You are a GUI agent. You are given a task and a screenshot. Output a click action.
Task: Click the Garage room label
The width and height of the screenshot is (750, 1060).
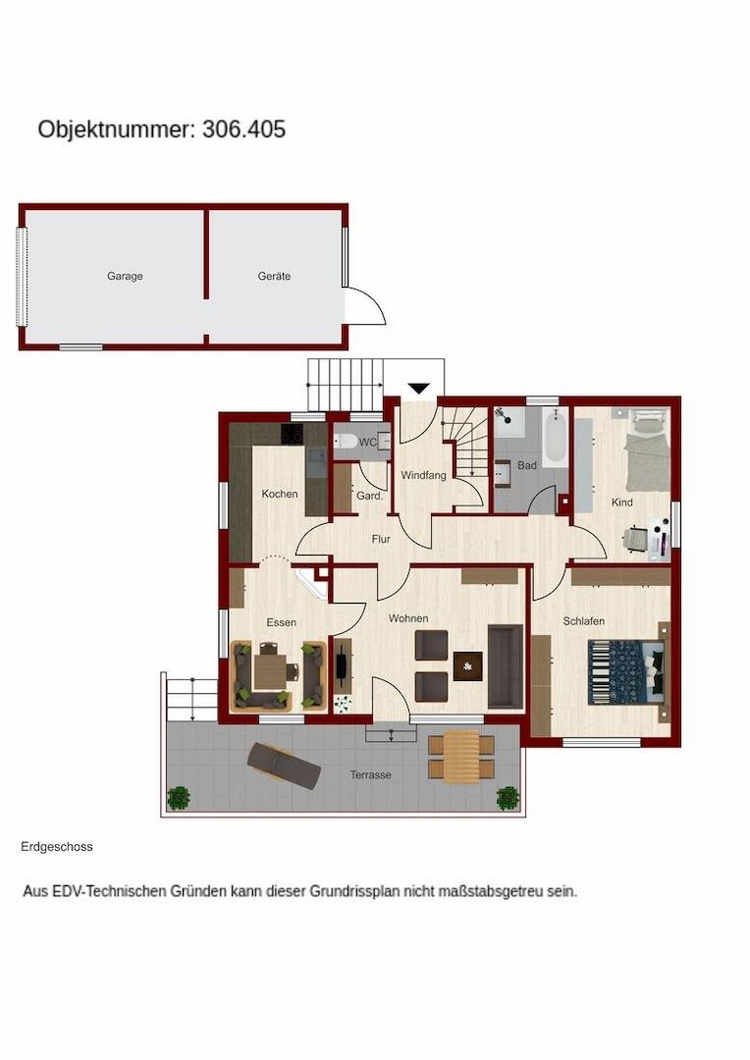(125, 276)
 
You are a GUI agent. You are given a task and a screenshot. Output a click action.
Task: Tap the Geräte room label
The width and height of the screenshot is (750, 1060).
(274, 276)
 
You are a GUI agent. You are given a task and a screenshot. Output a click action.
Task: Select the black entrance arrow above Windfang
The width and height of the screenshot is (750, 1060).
(419, 388)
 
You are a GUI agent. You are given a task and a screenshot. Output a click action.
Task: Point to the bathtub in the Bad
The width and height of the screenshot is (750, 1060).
(556, 438)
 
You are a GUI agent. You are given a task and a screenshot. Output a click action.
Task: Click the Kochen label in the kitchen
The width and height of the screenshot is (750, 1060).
(280, 494)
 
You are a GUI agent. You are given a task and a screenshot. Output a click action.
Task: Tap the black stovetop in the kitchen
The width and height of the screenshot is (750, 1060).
(293, 434)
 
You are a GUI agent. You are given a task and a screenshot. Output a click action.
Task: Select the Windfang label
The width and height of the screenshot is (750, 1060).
(423, 475)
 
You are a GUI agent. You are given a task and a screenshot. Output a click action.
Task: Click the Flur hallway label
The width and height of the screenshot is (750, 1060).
(381, 539)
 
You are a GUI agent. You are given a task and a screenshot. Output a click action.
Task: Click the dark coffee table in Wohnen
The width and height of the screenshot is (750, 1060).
(468, 665)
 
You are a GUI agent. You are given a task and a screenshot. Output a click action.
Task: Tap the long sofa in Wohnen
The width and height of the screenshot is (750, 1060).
(506, 666)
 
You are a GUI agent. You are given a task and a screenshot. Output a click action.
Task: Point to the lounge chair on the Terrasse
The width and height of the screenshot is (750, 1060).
(284, 766)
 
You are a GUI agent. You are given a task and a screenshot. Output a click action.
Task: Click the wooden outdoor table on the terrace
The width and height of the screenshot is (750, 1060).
(462, 757)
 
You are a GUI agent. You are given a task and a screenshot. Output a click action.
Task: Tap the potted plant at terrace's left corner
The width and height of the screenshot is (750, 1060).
(179, 798)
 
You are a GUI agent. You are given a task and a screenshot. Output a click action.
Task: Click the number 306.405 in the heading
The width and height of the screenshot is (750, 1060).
(244, 130)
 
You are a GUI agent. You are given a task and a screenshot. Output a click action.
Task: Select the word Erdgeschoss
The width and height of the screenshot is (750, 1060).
(57, 846)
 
